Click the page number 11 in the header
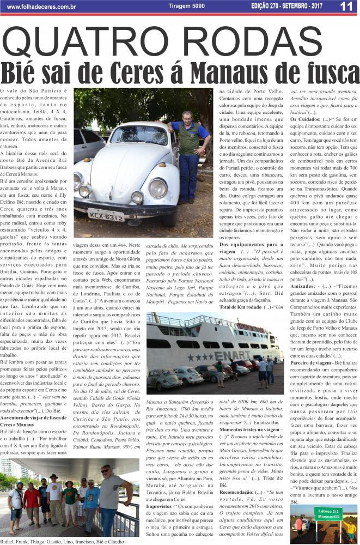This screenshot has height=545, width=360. coord(346,7)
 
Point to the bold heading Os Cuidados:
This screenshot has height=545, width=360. coord(305,118)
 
